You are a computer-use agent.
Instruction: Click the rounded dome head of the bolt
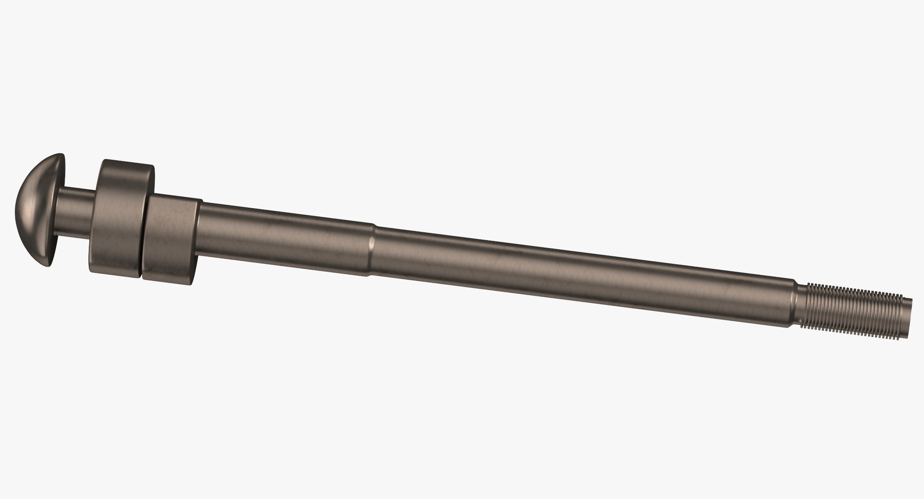36,212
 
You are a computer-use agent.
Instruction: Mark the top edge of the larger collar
128,162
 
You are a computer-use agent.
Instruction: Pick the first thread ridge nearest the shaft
807,308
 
